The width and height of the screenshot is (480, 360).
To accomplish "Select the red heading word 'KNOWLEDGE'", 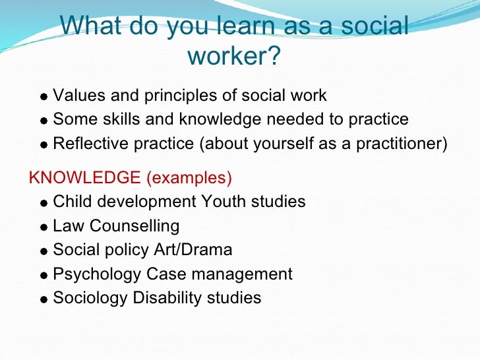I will (x=84, y=178).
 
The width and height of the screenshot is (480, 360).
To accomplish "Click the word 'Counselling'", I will (x=135, y=225).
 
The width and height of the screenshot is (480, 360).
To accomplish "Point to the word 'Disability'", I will (x=171, y=297).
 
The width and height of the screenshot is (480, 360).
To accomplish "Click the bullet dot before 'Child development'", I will (x=44, y=203).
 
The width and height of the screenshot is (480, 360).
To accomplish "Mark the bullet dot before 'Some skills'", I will (x=44, y=121).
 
